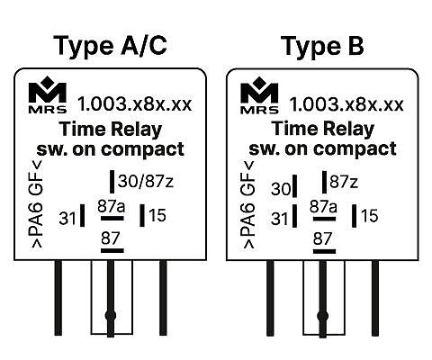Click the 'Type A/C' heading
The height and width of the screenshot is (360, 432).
110,46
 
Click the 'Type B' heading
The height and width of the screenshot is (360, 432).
322,46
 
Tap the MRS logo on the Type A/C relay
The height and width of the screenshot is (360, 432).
48,95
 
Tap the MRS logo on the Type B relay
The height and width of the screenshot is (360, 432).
259,95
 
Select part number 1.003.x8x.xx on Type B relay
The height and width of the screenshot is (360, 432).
346,104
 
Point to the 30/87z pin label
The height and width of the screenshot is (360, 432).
146,182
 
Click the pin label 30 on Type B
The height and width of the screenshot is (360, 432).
281,189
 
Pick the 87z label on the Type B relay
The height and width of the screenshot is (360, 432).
344,182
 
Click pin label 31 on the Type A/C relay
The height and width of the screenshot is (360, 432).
67,218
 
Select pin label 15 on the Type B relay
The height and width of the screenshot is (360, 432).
369,216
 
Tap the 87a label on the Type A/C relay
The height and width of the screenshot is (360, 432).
112,206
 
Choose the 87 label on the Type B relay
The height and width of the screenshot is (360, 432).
322,238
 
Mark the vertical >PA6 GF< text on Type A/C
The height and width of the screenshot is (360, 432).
36,204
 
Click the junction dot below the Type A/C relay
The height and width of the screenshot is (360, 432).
111,316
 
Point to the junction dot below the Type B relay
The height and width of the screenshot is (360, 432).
323,316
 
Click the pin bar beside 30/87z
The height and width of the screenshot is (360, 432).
112,182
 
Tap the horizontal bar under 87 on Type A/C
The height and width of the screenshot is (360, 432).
112,250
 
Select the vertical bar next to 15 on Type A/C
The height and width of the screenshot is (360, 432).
142,215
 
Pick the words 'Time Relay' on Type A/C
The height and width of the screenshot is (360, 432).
111,129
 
